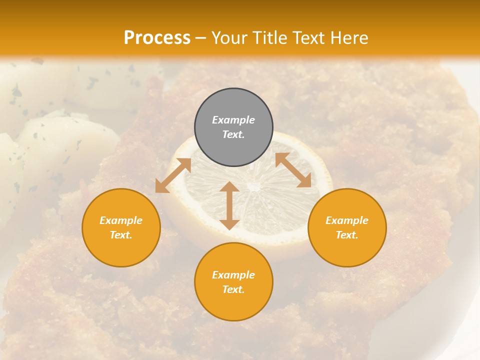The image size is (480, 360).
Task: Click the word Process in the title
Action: [157, 38]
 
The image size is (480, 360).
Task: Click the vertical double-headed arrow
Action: [229, 205]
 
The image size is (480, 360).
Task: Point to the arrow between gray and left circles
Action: [173, 175]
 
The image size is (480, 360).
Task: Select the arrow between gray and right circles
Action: [293, 170]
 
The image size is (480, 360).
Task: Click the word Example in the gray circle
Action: [233, 120]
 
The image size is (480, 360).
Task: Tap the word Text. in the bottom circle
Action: [233, 289]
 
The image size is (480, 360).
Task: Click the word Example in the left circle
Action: [121, 220]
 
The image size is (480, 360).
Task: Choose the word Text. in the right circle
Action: [347, 235]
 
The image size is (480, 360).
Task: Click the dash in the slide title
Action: [200, 38]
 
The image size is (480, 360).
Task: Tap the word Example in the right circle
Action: [347, 220]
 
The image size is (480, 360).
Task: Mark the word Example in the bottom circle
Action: [233, 275]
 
